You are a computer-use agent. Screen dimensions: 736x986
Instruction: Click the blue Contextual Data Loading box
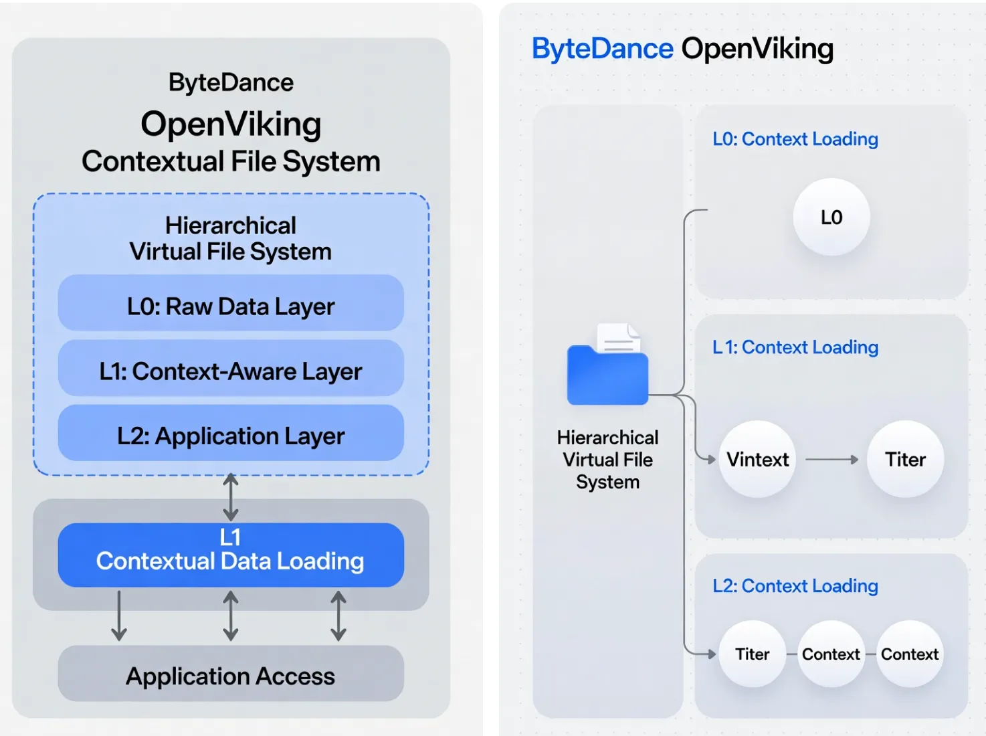pos(231,555)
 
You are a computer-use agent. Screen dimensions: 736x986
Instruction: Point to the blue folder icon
pos(607,374)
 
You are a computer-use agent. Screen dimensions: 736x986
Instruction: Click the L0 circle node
pos(831,217)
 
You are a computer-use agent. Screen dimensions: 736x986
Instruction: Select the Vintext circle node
pos(757,459)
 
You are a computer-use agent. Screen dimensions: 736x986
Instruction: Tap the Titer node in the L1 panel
pos(905,459)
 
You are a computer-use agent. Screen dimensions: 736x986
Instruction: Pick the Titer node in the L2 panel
pos(752,654)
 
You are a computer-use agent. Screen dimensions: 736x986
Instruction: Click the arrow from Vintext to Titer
pos(831,460)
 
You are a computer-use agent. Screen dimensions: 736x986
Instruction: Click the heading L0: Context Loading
pos(795,139)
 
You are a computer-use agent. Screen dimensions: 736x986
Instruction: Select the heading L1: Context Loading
pos(795,347)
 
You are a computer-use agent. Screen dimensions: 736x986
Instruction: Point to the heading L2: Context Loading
pos(795,586)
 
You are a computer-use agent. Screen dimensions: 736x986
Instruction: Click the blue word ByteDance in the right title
pos(602,49)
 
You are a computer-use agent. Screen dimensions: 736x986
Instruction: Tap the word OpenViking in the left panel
pos(231,124)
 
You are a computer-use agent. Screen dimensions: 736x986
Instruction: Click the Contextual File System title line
pos(231,162)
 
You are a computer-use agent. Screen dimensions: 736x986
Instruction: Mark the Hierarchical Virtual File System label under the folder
pos(607,460)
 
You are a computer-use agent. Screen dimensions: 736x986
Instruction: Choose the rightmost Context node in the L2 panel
pos(910,654)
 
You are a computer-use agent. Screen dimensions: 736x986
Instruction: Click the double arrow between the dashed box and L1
pos(231,497)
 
